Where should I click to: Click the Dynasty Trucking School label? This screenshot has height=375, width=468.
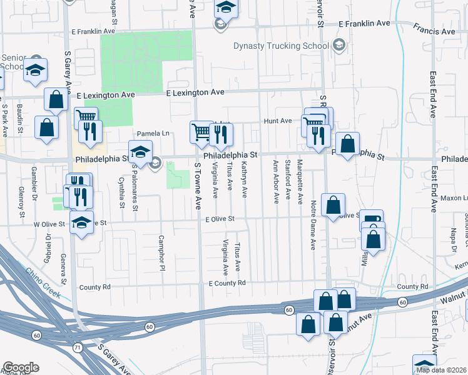point(281,46)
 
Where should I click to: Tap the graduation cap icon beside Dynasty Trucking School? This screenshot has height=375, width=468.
point(338,44)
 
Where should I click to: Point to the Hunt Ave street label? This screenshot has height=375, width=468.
point(278,121)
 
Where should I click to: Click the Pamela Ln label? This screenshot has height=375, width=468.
point(153,134)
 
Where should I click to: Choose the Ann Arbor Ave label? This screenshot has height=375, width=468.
point(275,181)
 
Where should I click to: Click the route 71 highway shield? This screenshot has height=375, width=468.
point(77,347)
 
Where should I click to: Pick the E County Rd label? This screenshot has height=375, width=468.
point(226,283)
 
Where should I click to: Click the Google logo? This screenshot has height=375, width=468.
point(21,368)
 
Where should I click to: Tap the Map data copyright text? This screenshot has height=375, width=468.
point(442,370)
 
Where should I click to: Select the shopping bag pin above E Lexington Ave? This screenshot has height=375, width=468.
point(56,99)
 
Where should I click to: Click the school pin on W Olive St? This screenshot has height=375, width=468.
point(81,222)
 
